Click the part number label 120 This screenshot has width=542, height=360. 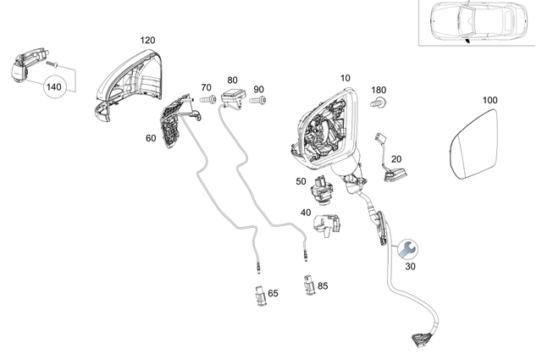(x=147, y=40)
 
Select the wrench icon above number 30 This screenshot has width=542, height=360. (x=405, y=248)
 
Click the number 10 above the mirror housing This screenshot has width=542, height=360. (x=345, y=79)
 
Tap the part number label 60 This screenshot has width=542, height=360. (x=151, y=137)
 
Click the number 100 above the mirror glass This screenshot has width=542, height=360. (x=489, y=101)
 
